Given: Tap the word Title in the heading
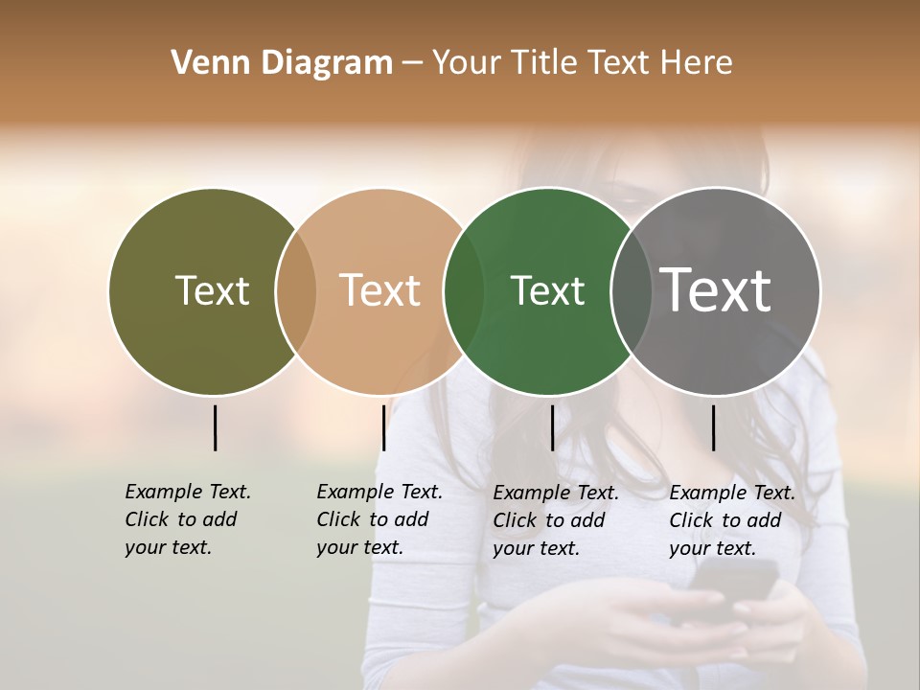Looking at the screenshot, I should (543, 62).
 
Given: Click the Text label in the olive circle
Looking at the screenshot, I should (212, 290).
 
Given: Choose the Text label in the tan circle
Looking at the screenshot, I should (379, 290).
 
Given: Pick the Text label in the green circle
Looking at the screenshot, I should (547, 290).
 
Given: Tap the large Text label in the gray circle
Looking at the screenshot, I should (716, 290).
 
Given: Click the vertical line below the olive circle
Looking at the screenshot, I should (215, 427).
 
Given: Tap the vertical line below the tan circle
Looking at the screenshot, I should (383, 427).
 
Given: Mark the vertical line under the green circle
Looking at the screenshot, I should (552, 427).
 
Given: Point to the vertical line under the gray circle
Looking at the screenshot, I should (713, 427).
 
